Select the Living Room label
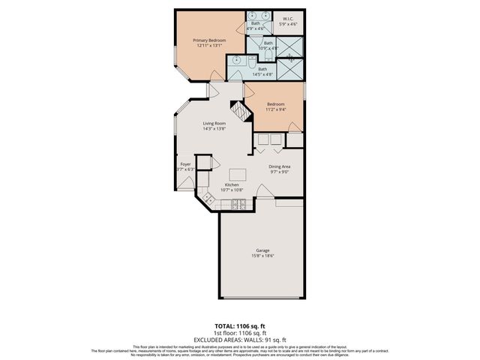click(214, 124)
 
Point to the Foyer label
click(184, 163)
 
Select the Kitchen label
click(232, 184)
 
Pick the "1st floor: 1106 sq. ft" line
click(239, 332)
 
